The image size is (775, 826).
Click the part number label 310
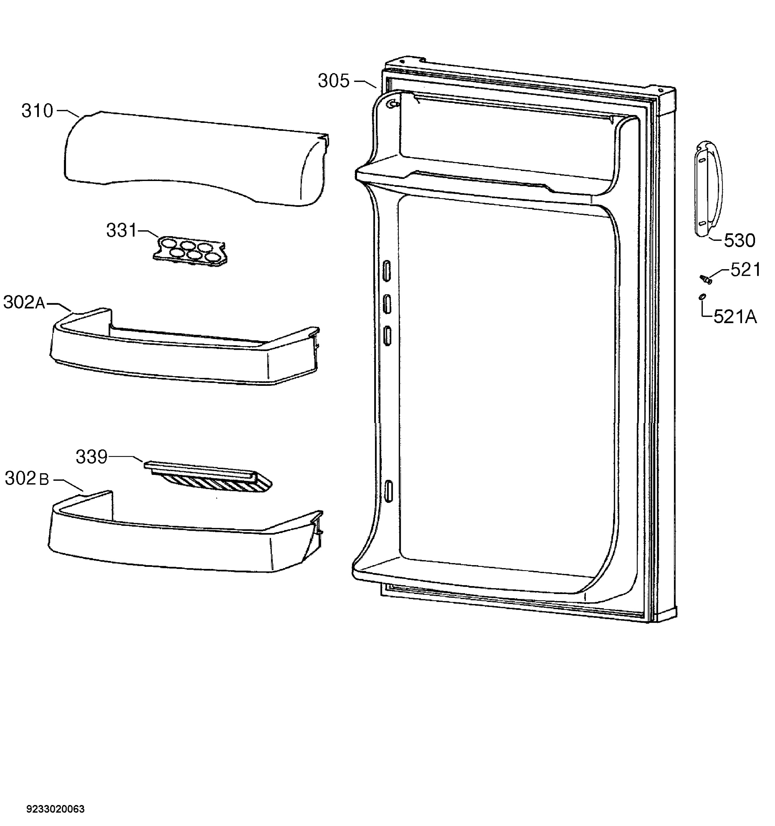click(37, 112)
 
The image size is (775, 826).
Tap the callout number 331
click(122, 230)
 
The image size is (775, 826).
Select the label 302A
click(24, 303)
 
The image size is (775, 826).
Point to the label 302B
click(27, 479)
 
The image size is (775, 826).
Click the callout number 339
click(92, 457)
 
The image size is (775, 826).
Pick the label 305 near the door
click(334, 81)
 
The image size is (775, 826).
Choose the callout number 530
click(740, 241)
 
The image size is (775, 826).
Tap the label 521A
click(735, 317)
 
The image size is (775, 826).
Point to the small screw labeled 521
click(706, 279)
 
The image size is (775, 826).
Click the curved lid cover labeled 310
click(196, 158)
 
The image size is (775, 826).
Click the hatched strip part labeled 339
click(208, 477)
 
